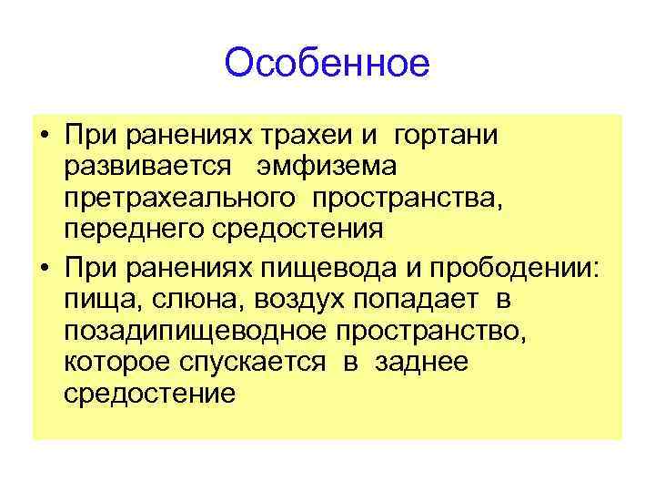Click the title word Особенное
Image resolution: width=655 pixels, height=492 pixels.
pyautogui.click(x=326, y=64)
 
